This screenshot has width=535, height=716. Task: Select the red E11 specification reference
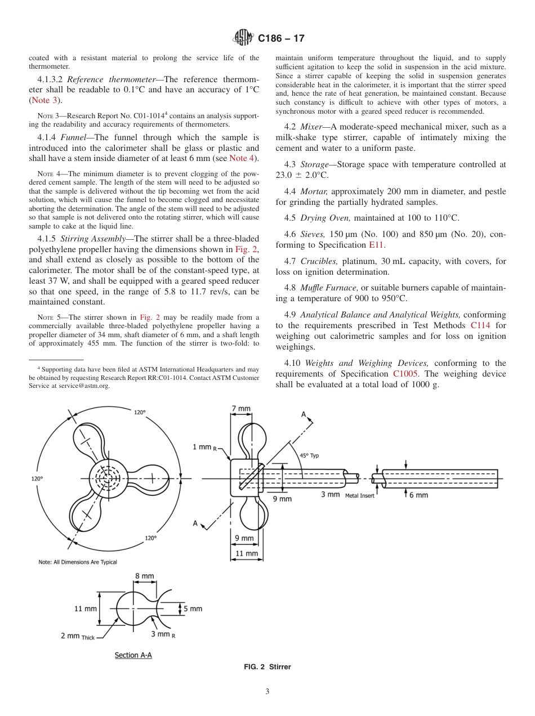pyautogui.click(x=374, y=245)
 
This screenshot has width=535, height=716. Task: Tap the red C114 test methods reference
pyautogui.click(x=479, y=325)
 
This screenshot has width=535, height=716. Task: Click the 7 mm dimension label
pyautogui.click(x=241, y=409)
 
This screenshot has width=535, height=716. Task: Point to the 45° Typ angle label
pyautogui.click(x=309, y=456)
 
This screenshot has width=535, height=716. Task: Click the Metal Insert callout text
pyautogui.click(x=359, y=496)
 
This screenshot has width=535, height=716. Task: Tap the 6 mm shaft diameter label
pyautogui.click(x=418, y=495)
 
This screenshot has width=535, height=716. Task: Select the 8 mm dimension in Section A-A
pyautogui.click(x=144, y=576)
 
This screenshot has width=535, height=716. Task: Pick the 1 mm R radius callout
pyautogui.click(x=204, y=447)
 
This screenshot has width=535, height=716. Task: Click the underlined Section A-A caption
pyautogui.click(x=133, y=655)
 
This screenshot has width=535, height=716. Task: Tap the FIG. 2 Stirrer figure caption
pyautogui.click(x=267, y=667)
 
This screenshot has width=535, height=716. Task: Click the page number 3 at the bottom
pyautogui.click(x=267, y=692)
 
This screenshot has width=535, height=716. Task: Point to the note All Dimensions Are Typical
pyautogui.click(x=78, y=562)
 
